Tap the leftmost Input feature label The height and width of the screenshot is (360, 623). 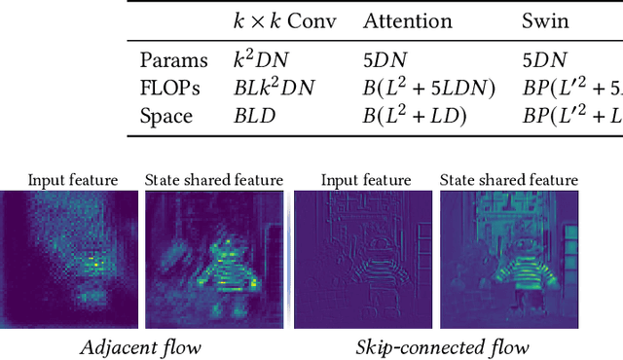(72, 179)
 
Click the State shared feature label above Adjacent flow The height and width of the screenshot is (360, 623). (213, 179)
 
